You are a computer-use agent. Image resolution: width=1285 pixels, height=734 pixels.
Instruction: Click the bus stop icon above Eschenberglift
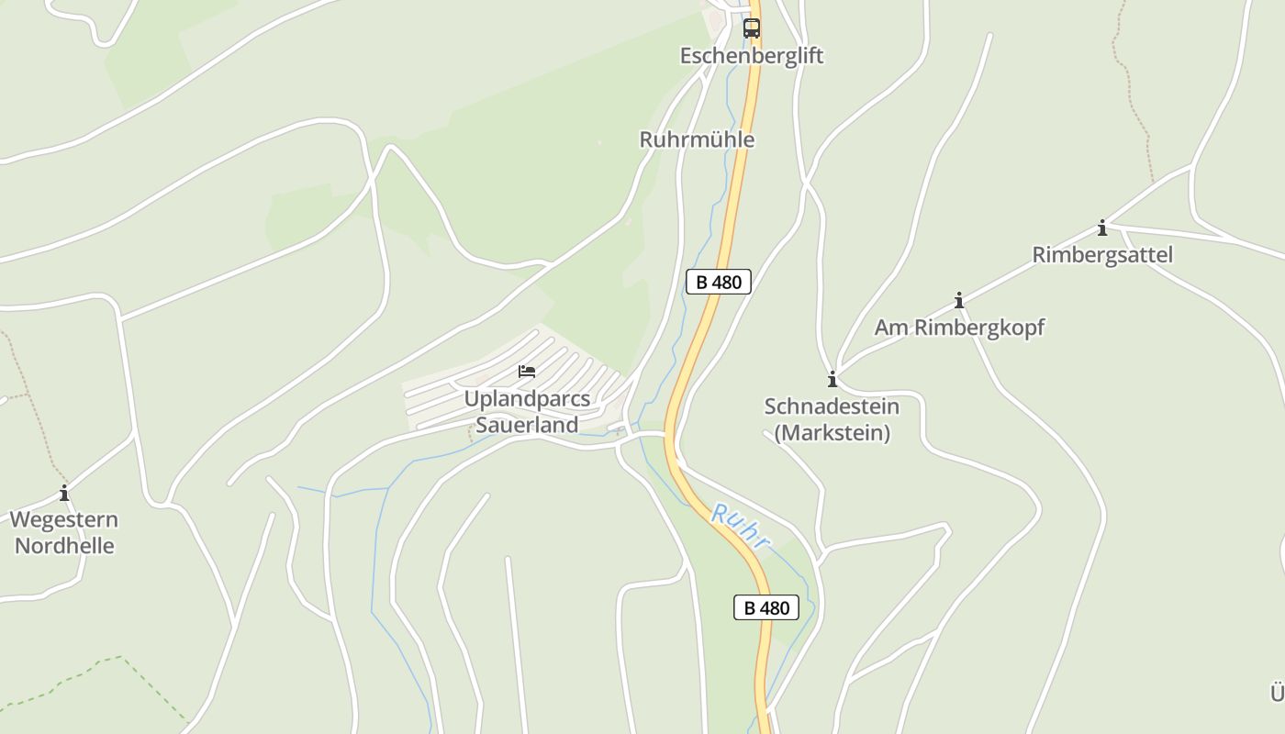coord(752,28)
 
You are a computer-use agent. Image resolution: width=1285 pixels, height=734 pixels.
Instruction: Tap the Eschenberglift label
coord(752,56)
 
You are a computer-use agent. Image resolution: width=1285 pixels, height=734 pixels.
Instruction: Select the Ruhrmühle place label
coord(697,139)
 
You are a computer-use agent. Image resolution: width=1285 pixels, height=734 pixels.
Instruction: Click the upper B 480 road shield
coord(719,282)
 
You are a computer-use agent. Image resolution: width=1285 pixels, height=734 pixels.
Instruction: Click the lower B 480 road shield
coord(766,607)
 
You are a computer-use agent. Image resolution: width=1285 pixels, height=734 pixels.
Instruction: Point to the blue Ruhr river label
coord(740,528)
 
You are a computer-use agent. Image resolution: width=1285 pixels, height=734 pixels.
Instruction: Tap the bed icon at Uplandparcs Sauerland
coord(527,372)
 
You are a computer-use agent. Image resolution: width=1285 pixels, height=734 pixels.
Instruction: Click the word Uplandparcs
coord(527,399)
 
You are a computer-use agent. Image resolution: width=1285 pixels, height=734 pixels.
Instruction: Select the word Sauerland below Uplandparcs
coord(527,425)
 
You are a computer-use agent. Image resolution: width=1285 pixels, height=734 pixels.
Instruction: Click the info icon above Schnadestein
coord(832,379)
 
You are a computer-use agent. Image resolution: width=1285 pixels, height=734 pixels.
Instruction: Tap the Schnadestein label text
coord(832,406)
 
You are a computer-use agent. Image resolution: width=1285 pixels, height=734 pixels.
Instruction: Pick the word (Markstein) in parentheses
coord(832,432)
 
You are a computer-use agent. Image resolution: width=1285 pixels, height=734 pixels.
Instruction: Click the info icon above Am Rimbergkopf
coord(959,300)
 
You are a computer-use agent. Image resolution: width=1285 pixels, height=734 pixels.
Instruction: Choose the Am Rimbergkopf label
coord(959,328)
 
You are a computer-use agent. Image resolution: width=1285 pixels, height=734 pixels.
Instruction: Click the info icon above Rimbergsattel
coord(1102,228)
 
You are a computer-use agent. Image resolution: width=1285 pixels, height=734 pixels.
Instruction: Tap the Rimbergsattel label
coord(1102,254)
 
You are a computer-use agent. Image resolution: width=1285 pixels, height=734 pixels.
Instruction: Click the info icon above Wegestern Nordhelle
coord(64,494)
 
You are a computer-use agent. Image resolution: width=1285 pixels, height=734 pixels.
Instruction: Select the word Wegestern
coord(64,520)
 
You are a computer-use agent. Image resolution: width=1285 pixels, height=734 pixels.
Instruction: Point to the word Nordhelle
coord(64,546)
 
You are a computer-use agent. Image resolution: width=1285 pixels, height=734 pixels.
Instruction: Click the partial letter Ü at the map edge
coord(1277,692)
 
